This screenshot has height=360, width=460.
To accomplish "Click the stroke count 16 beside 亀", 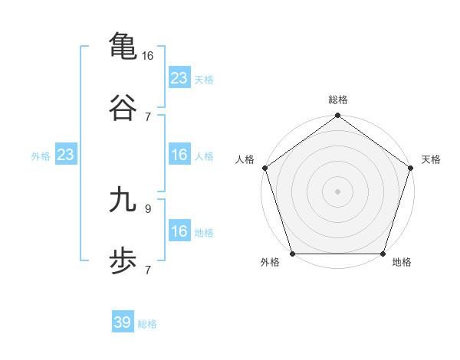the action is point(148,55).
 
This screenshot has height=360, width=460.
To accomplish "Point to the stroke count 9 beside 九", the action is point(148,208).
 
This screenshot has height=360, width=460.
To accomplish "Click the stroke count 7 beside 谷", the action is point(148,116).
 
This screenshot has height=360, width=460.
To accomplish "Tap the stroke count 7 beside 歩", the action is point(148,270).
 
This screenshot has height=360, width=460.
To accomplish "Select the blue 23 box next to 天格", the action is point(179,78).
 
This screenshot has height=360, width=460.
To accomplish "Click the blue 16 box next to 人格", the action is point(179,155).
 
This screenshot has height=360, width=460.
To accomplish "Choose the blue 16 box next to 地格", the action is point(179,231).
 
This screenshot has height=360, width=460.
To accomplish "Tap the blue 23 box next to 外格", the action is point(66,155).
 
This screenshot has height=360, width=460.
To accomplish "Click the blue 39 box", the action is point(123,322).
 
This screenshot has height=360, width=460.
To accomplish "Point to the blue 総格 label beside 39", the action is point(147,324).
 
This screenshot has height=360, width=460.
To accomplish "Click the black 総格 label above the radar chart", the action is point(337,100).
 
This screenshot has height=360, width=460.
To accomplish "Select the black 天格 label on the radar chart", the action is point(432,159).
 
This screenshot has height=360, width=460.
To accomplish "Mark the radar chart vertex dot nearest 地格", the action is point(383,254).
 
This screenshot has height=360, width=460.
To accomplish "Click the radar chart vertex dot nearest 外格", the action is point(292,254).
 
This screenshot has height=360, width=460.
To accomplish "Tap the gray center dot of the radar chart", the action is point(337,191).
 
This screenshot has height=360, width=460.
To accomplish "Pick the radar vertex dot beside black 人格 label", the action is point(264,167).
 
